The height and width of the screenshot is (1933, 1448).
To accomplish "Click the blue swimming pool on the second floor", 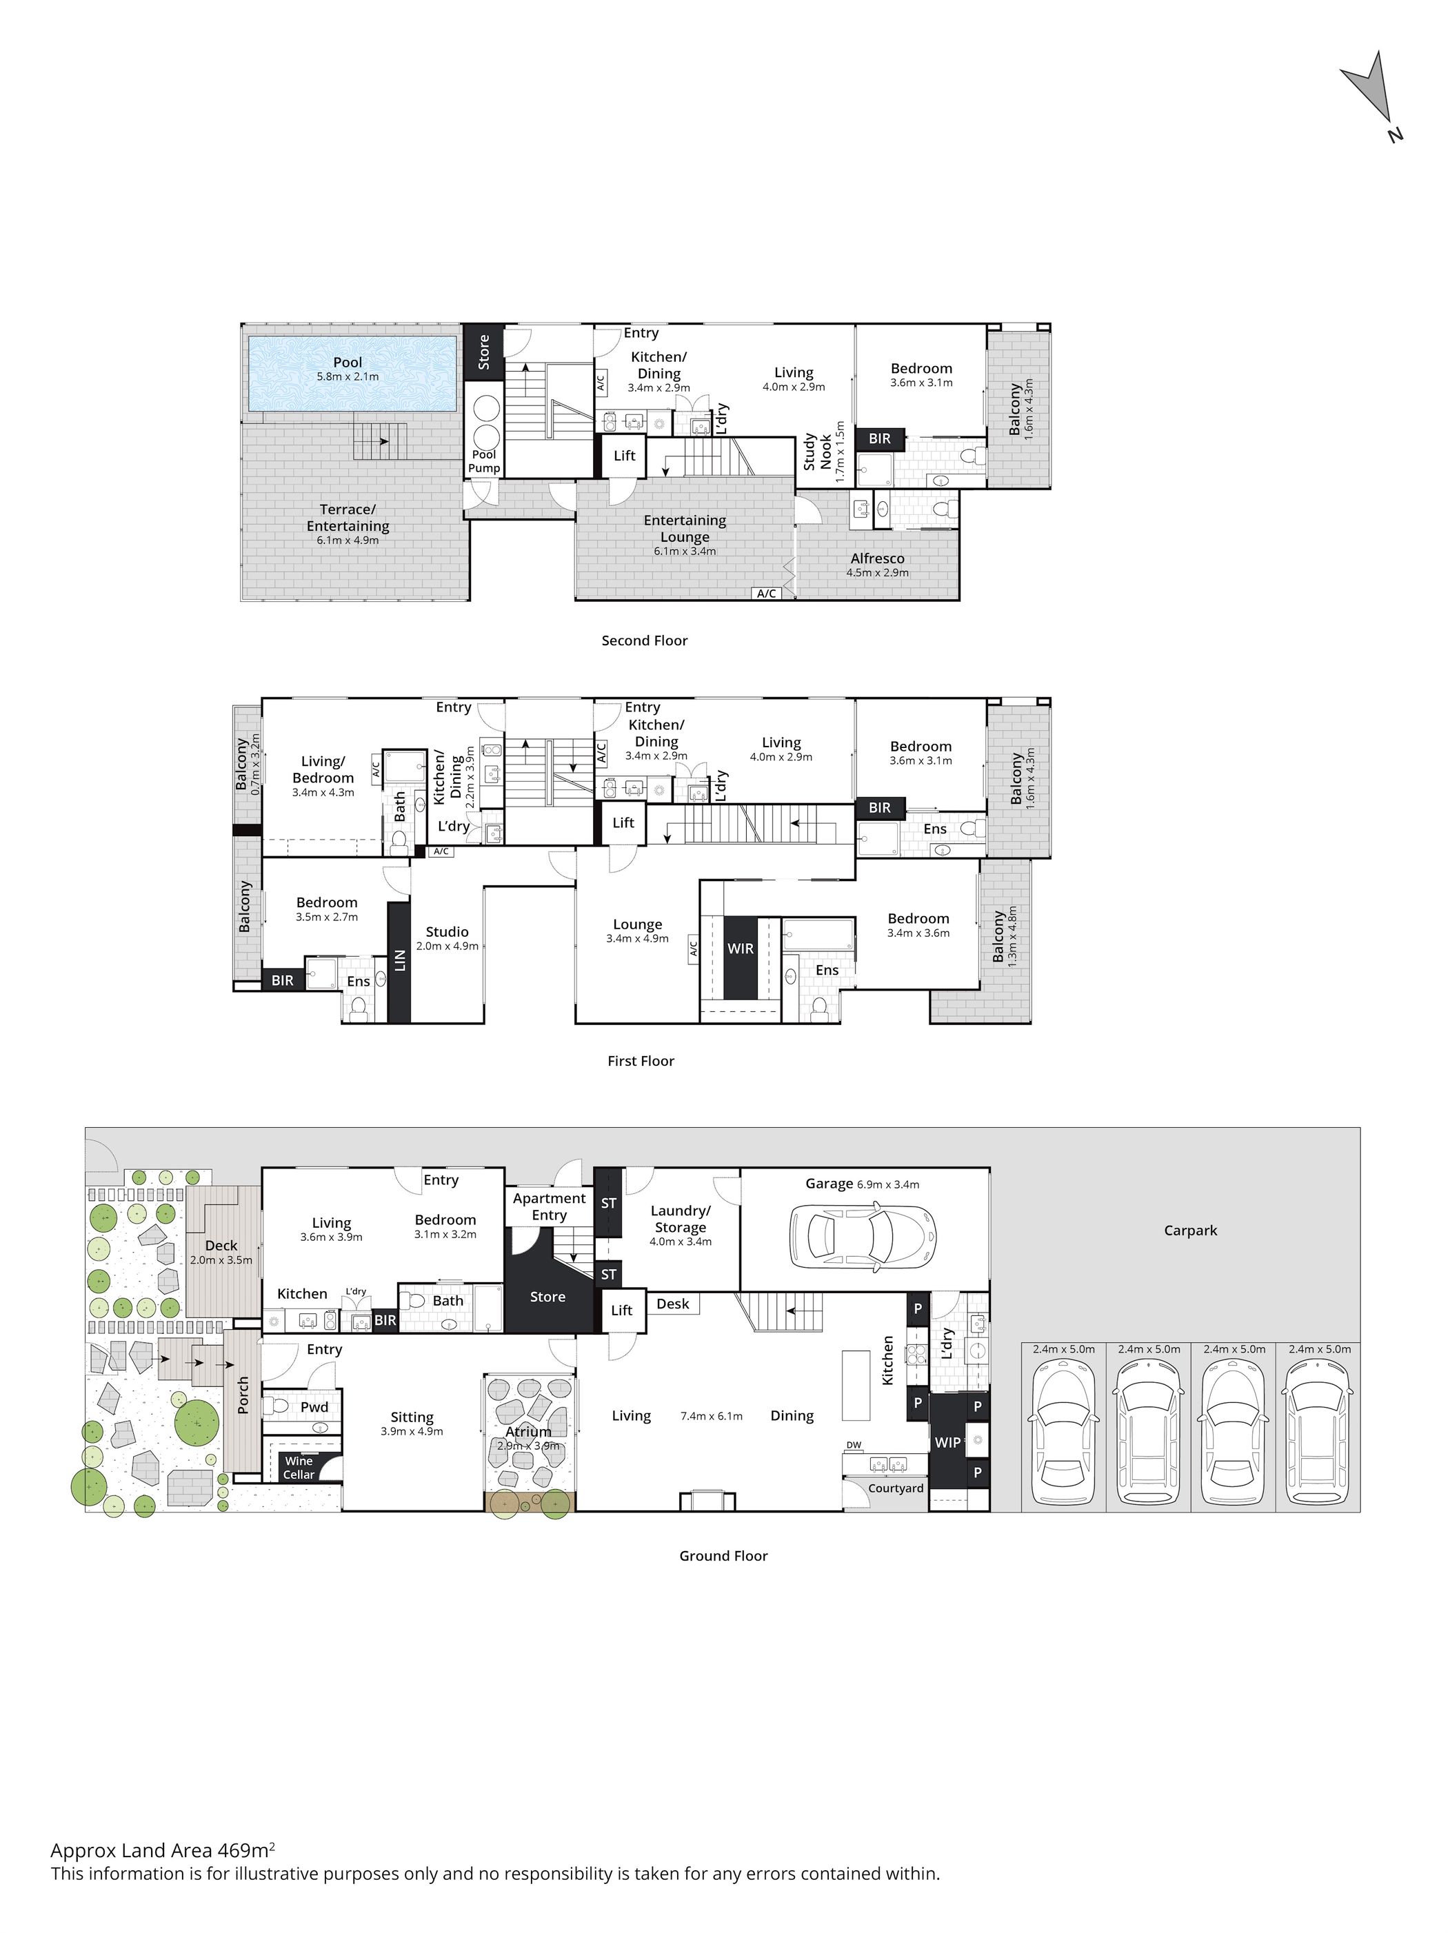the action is pyautogui.click(x=352, y=374).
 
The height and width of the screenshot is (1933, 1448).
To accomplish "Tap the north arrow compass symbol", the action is pyautogui.click(x=1374, y=101).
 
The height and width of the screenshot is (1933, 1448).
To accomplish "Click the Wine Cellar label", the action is pyautogui.click(x=299, y=1467).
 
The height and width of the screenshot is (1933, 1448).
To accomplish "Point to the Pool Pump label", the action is pyautogui.click(x=484, y=461).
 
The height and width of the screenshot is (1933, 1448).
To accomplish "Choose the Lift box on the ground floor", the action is pyautogui.click(x=622, y=1310).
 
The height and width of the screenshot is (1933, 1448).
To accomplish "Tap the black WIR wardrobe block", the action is pyautogui.click(x=740, y=957).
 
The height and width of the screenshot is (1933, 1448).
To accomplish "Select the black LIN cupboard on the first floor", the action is pyautogui.click(x=399, y=961).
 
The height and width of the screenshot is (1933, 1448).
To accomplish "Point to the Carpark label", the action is pyautogui.click(x=1190, y=1231).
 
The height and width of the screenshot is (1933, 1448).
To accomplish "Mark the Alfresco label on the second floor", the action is pyautogui.click(x=877, y=558).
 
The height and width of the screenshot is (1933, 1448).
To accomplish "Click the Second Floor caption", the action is pyautogui.click(x=645, y=640).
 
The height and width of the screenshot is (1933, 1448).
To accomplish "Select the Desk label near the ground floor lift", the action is pyautogui.click(x=673, y=1304).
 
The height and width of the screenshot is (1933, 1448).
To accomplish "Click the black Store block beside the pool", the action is pyautogui.click(x=483, y=352).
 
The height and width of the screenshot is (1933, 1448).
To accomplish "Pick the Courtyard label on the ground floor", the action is pyautogui.click(x=896, y=1488).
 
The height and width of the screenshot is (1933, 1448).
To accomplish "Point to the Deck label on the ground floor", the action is pyautogui.click(x=221, y=1245).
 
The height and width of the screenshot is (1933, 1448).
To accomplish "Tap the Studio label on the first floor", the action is pyautogui.click(x=448, y=931).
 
